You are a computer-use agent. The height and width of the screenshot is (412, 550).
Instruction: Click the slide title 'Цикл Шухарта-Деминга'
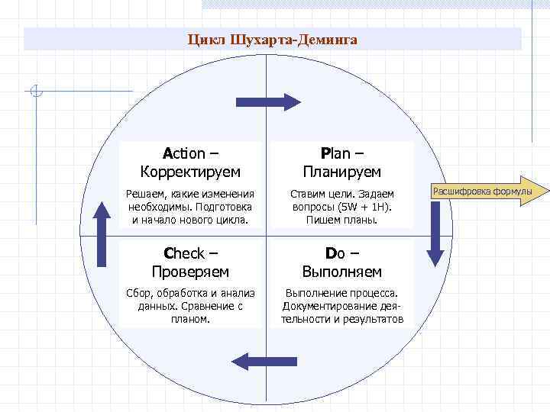(x=273, y=39)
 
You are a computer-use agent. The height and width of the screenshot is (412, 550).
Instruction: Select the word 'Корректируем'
(x=191, y=172)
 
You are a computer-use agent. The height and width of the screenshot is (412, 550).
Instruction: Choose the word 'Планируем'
(x=341, y=172)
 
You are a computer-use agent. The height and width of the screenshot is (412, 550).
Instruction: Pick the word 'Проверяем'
(x=191, y=272)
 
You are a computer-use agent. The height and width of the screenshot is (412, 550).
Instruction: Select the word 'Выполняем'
(x=341, y=272)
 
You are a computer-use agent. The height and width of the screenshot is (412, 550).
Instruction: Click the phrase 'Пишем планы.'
(x=341, y=220)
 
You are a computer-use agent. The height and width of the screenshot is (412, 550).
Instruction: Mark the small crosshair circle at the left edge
(x=36, y=93)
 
